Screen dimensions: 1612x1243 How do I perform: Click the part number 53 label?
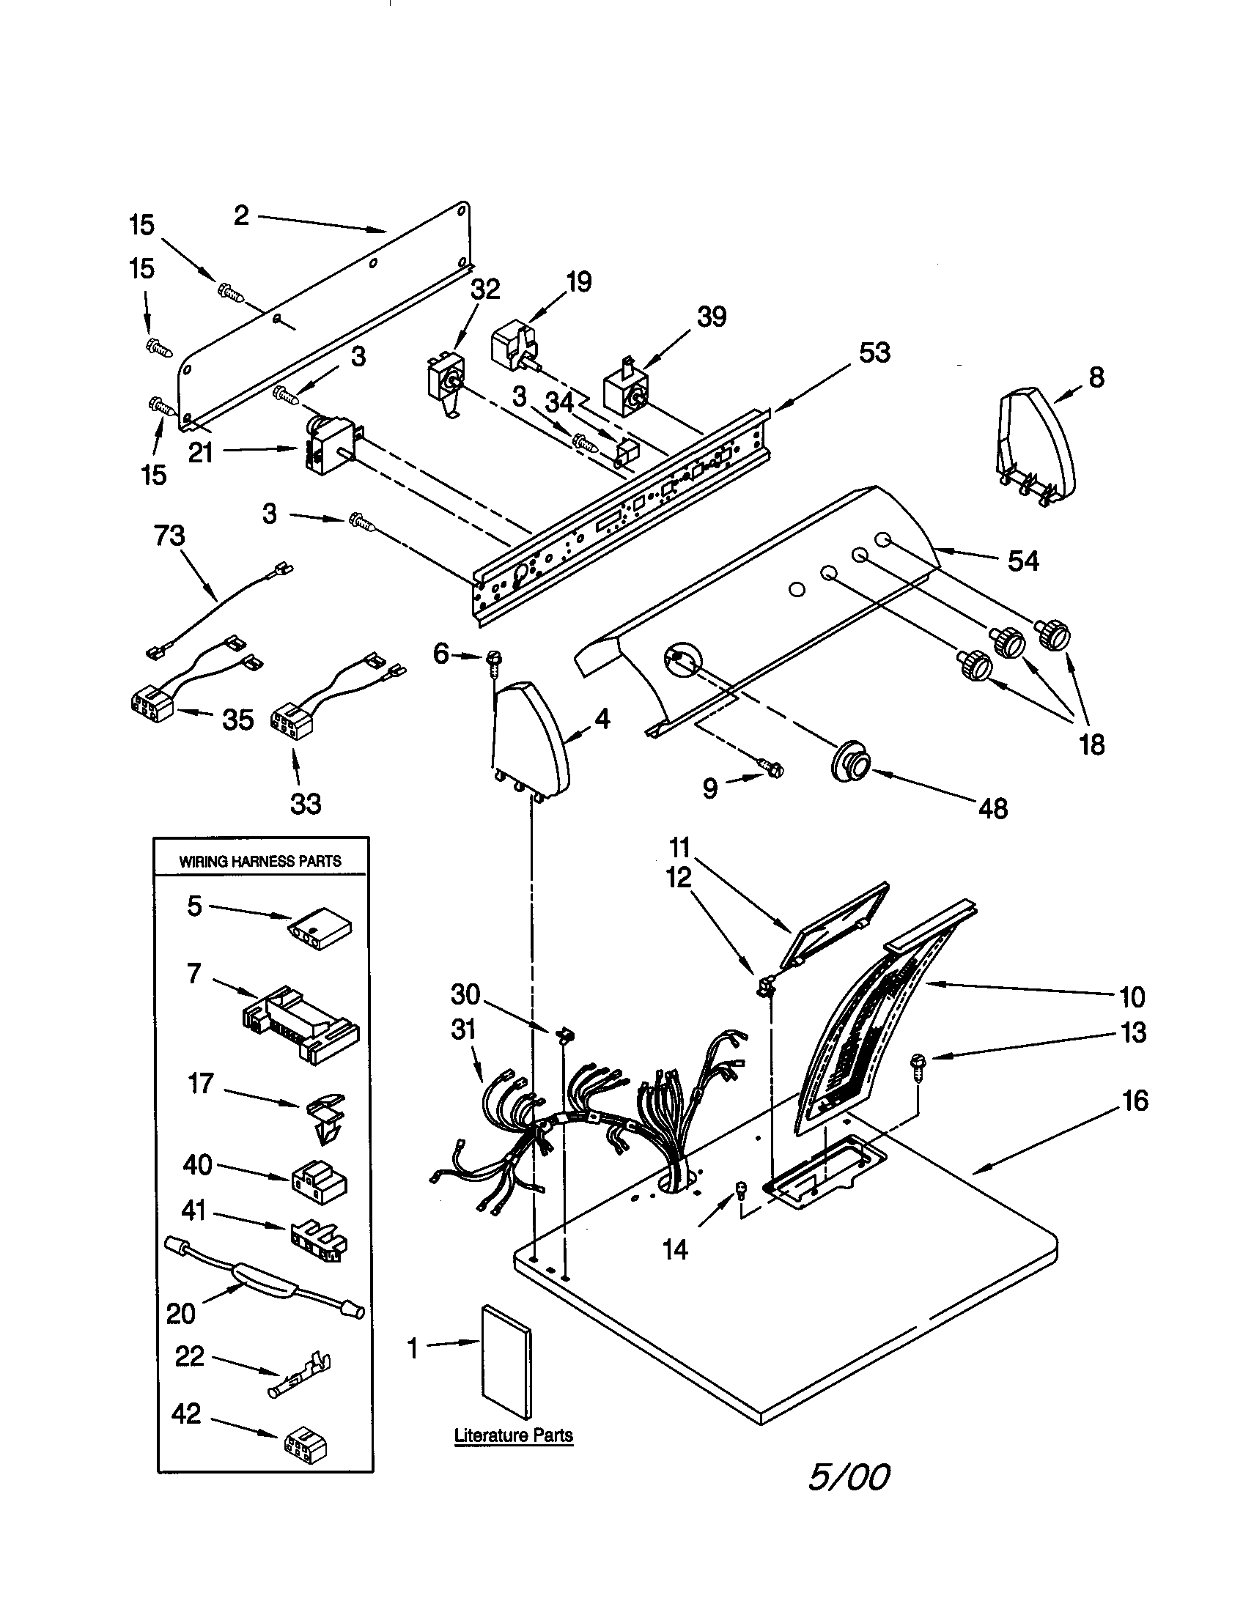[874, 353]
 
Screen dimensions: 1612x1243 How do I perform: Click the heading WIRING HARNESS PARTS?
[260, 861]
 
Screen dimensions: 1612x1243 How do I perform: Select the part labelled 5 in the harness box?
[320, 932]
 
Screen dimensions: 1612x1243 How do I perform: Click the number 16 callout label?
[1135, 1101]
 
